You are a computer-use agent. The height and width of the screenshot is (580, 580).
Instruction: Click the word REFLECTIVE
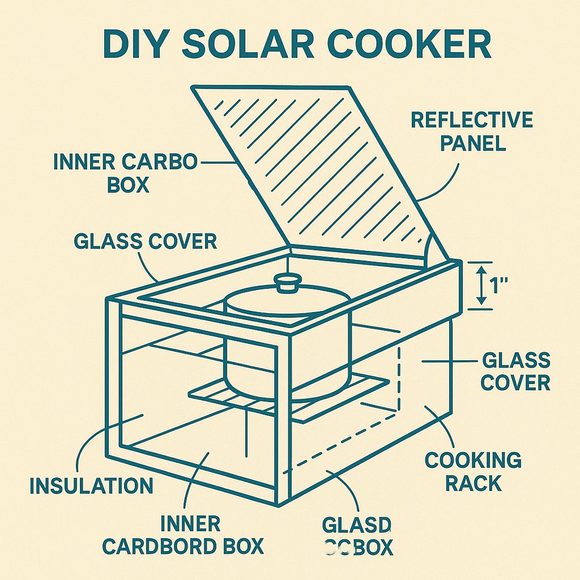(x=472, y=120)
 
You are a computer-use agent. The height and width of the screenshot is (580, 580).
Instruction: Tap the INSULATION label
(x=91, y=485)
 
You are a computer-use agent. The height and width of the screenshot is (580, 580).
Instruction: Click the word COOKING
(x=473, y=460)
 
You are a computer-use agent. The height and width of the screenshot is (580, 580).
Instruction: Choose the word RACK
(x=473, y=484)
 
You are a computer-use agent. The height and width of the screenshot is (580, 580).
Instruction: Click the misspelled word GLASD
(x=356, y=526)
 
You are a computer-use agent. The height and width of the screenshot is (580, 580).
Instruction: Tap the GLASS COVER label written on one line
(x=145, y=241)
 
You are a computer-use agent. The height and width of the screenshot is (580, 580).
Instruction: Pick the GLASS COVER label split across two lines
(x=515, y=371)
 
